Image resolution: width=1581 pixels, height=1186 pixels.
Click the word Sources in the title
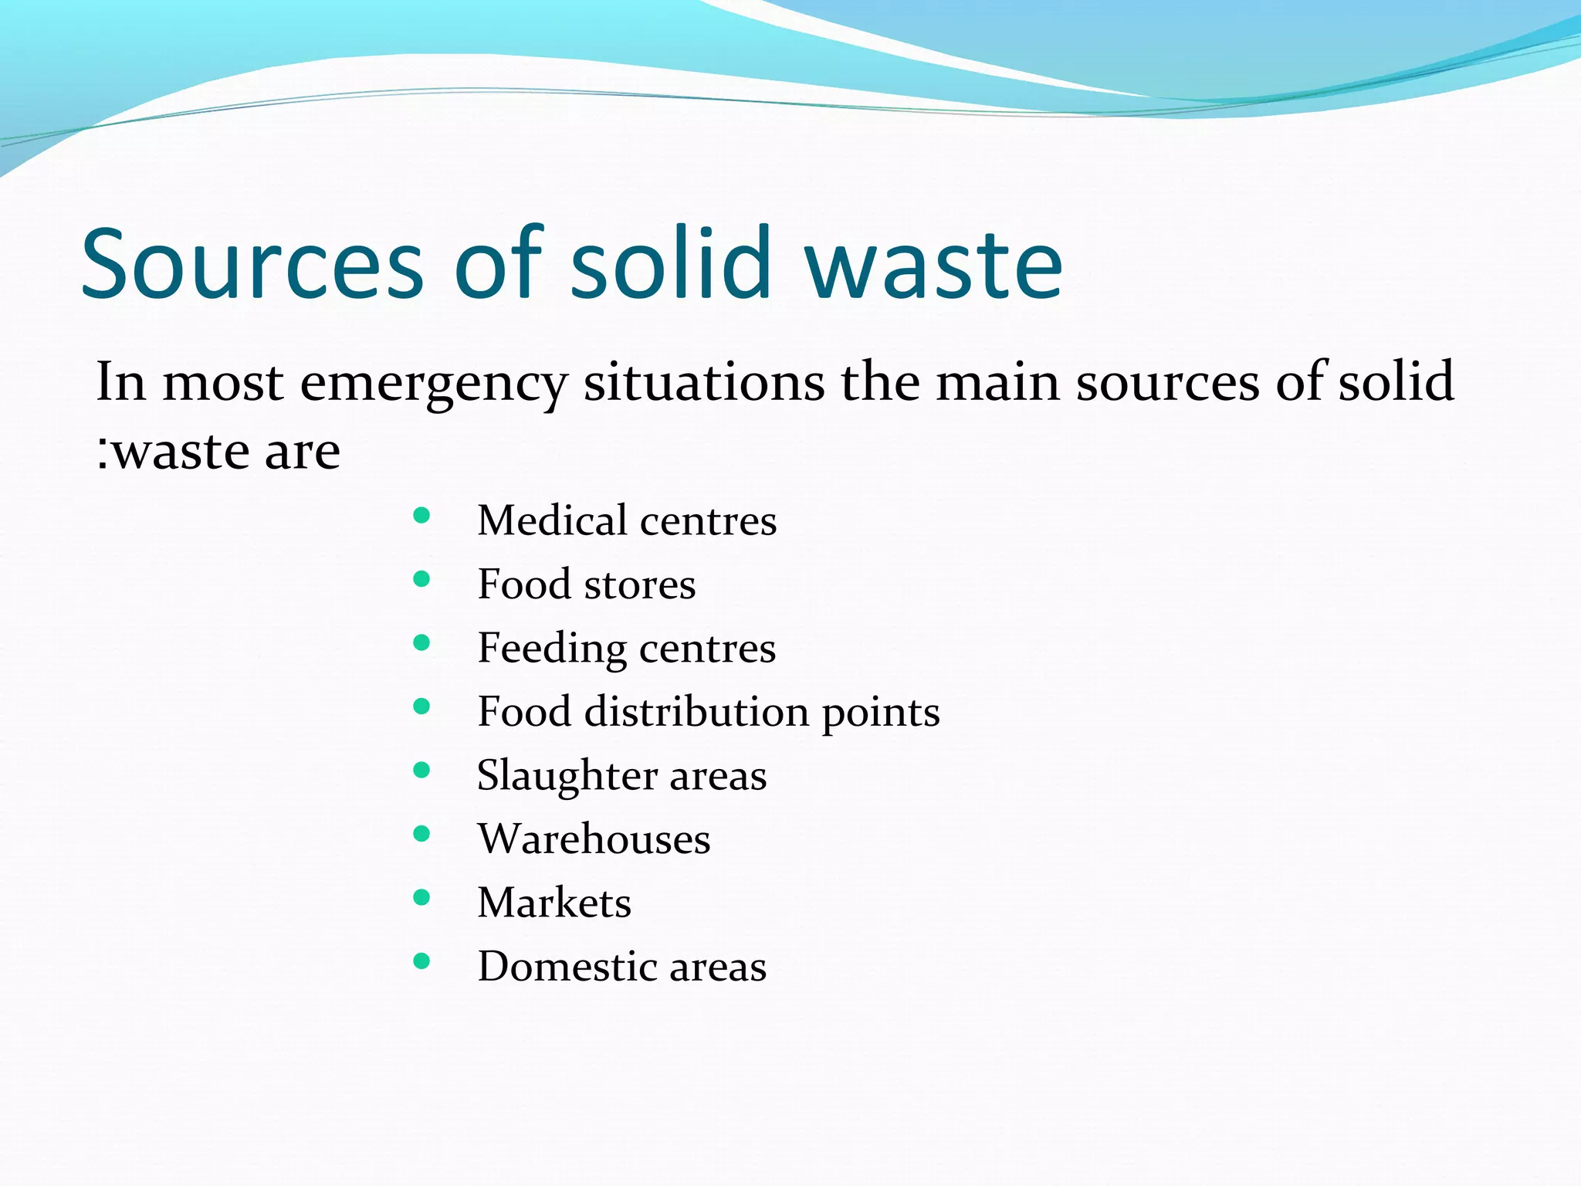(x=252, y=264)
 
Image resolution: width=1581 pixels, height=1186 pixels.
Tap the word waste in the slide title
(x=933, y=264)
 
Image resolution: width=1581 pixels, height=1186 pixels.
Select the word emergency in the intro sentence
(x=433, y=383)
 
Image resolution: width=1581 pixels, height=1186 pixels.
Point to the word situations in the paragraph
(x=703, y=381)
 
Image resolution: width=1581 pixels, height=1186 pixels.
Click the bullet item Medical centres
(x=626, y=520)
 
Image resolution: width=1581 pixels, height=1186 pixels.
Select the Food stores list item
(x=586, y=585)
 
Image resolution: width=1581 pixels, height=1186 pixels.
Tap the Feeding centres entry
(x=626, y=648)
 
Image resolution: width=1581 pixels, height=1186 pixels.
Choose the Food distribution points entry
(x=708, y=711)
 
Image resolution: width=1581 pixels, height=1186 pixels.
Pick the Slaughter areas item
(x=621, y=775)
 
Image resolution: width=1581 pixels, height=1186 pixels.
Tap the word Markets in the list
(x=554, y=903)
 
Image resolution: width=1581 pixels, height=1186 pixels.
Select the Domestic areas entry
(x=621, y=966)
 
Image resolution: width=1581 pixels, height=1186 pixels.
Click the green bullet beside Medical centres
(x=421, y=516)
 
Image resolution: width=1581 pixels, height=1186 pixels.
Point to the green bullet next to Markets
(x=421, y=897)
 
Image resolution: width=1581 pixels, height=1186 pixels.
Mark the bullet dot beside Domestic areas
(x=421, y=961)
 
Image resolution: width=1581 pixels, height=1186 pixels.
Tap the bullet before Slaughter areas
(x=421, y=770)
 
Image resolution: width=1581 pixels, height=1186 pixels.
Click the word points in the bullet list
(x=880, y=713)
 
